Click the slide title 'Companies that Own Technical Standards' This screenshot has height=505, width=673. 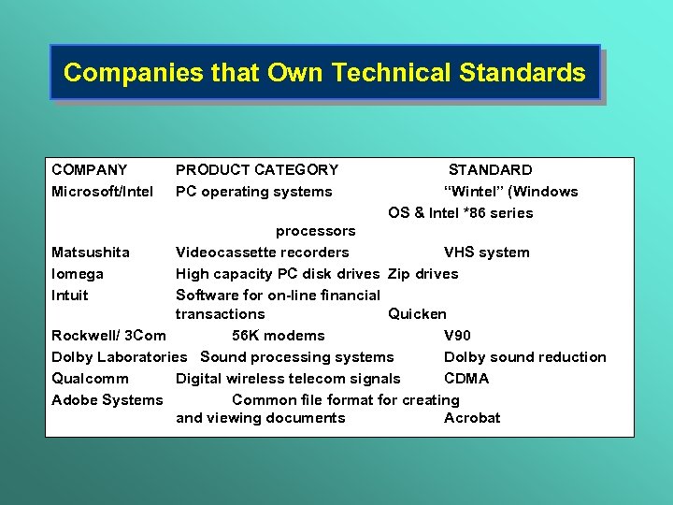pyautogui.click(x=324, y=73)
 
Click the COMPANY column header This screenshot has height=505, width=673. pyautogui.click(x=90, y=170)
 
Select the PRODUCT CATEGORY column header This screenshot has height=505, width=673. pyautogui.click(x=257, y=170)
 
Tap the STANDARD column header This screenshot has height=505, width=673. pyautogui.click(x=490, y=170)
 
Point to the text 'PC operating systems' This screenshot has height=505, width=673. pyautogui.click(x=253, y=192)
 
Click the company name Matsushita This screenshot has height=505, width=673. pyautogui.click(x=91, y=252)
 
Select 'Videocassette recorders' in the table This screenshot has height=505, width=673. pyautogui.click(x=262, y=252)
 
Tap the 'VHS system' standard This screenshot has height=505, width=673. pyautogui.click(x=486, y=252)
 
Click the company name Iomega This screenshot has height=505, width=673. pyautogui.click(x=78, y=274)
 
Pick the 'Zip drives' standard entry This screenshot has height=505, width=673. pyautogui.click(x=422, y=274)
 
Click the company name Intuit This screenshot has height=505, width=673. pyautogui.click(x=70, y=296)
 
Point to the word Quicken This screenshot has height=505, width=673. pyautogui.click(x=417, y=314)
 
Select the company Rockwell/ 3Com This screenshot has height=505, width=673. pyautogui.click(x=108, y=336)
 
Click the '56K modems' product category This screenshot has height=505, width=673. pyautogui.click(x=278, y=336)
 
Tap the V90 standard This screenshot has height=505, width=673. pyautogui.click(x=457, y=336)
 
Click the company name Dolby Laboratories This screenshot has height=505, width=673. pyautogui.click(x=120, y=357)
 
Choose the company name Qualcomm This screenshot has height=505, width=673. pyautogui.click(x=90, y=379)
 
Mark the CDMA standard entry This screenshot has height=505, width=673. pyautogui.click(x=465, y=379)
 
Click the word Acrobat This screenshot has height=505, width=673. pyautogui.click(x=472, y=418)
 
